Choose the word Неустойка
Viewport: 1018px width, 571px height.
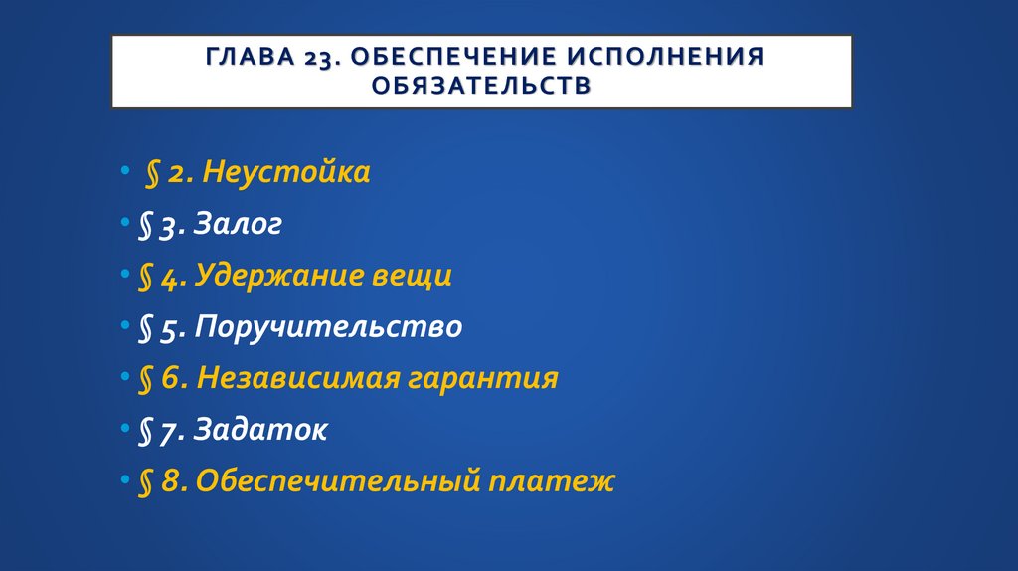286,173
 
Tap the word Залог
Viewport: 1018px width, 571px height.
238,225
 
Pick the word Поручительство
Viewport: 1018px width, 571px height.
328,327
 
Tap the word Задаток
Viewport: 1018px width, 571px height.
260,430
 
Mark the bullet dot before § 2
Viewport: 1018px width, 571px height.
123,173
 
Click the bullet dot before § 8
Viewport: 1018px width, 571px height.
123,481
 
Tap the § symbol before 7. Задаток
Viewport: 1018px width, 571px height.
145,431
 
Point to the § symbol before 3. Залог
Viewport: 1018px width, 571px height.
145,226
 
